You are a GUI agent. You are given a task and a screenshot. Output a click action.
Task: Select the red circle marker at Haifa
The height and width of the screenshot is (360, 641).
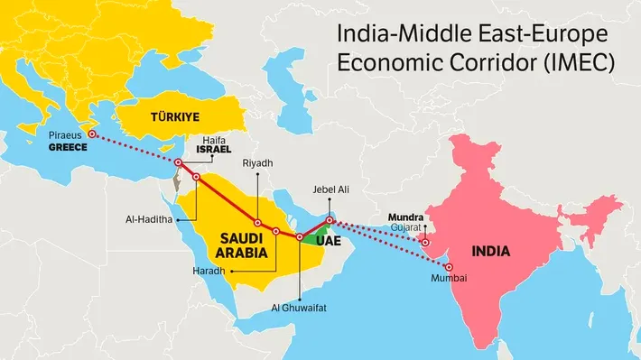click(179, 162)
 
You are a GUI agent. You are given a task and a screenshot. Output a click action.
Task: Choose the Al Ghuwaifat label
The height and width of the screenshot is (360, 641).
click(299, 308)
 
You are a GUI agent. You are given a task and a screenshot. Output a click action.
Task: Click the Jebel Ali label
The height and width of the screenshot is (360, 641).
click(330, 189)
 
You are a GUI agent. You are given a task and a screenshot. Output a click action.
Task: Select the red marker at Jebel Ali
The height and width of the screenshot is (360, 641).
click(330, 220)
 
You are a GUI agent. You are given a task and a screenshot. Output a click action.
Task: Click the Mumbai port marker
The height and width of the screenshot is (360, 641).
click(449, 267)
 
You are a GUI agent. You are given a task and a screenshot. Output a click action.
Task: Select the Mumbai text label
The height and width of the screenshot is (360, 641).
click(449, 279)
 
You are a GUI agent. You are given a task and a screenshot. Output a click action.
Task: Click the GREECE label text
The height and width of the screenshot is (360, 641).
click(68, 146)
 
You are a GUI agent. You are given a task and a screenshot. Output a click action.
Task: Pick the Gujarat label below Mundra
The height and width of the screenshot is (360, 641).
click(406, 228)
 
